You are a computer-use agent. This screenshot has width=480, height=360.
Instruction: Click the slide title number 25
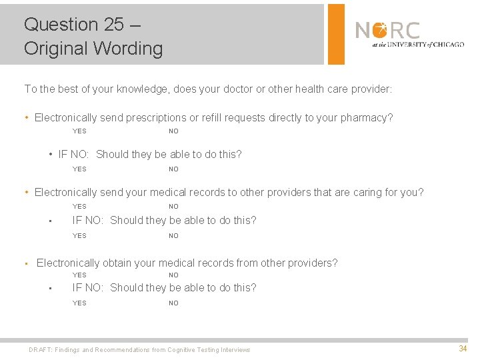[113, 25]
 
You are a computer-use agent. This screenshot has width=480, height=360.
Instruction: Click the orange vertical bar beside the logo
[337, 33]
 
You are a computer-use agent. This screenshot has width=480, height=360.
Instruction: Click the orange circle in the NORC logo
[379, 31]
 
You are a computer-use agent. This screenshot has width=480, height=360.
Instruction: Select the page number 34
[463, 349]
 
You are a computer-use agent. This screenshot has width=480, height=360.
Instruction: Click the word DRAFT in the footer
[40, 350]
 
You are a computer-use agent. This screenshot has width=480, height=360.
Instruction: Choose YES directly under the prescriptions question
[79, 131]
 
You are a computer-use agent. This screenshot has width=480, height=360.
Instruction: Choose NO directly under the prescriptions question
[173, 131]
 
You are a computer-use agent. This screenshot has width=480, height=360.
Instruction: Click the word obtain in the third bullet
[116, 263]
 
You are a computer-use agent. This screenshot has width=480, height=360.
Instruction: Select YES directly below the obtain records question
[79, 275]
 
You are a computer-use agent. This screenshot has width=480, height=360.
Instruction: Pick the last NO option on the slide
[173, 303]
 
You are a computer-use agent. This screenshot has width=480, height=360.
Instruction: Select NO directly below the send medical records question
[173, 207]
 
